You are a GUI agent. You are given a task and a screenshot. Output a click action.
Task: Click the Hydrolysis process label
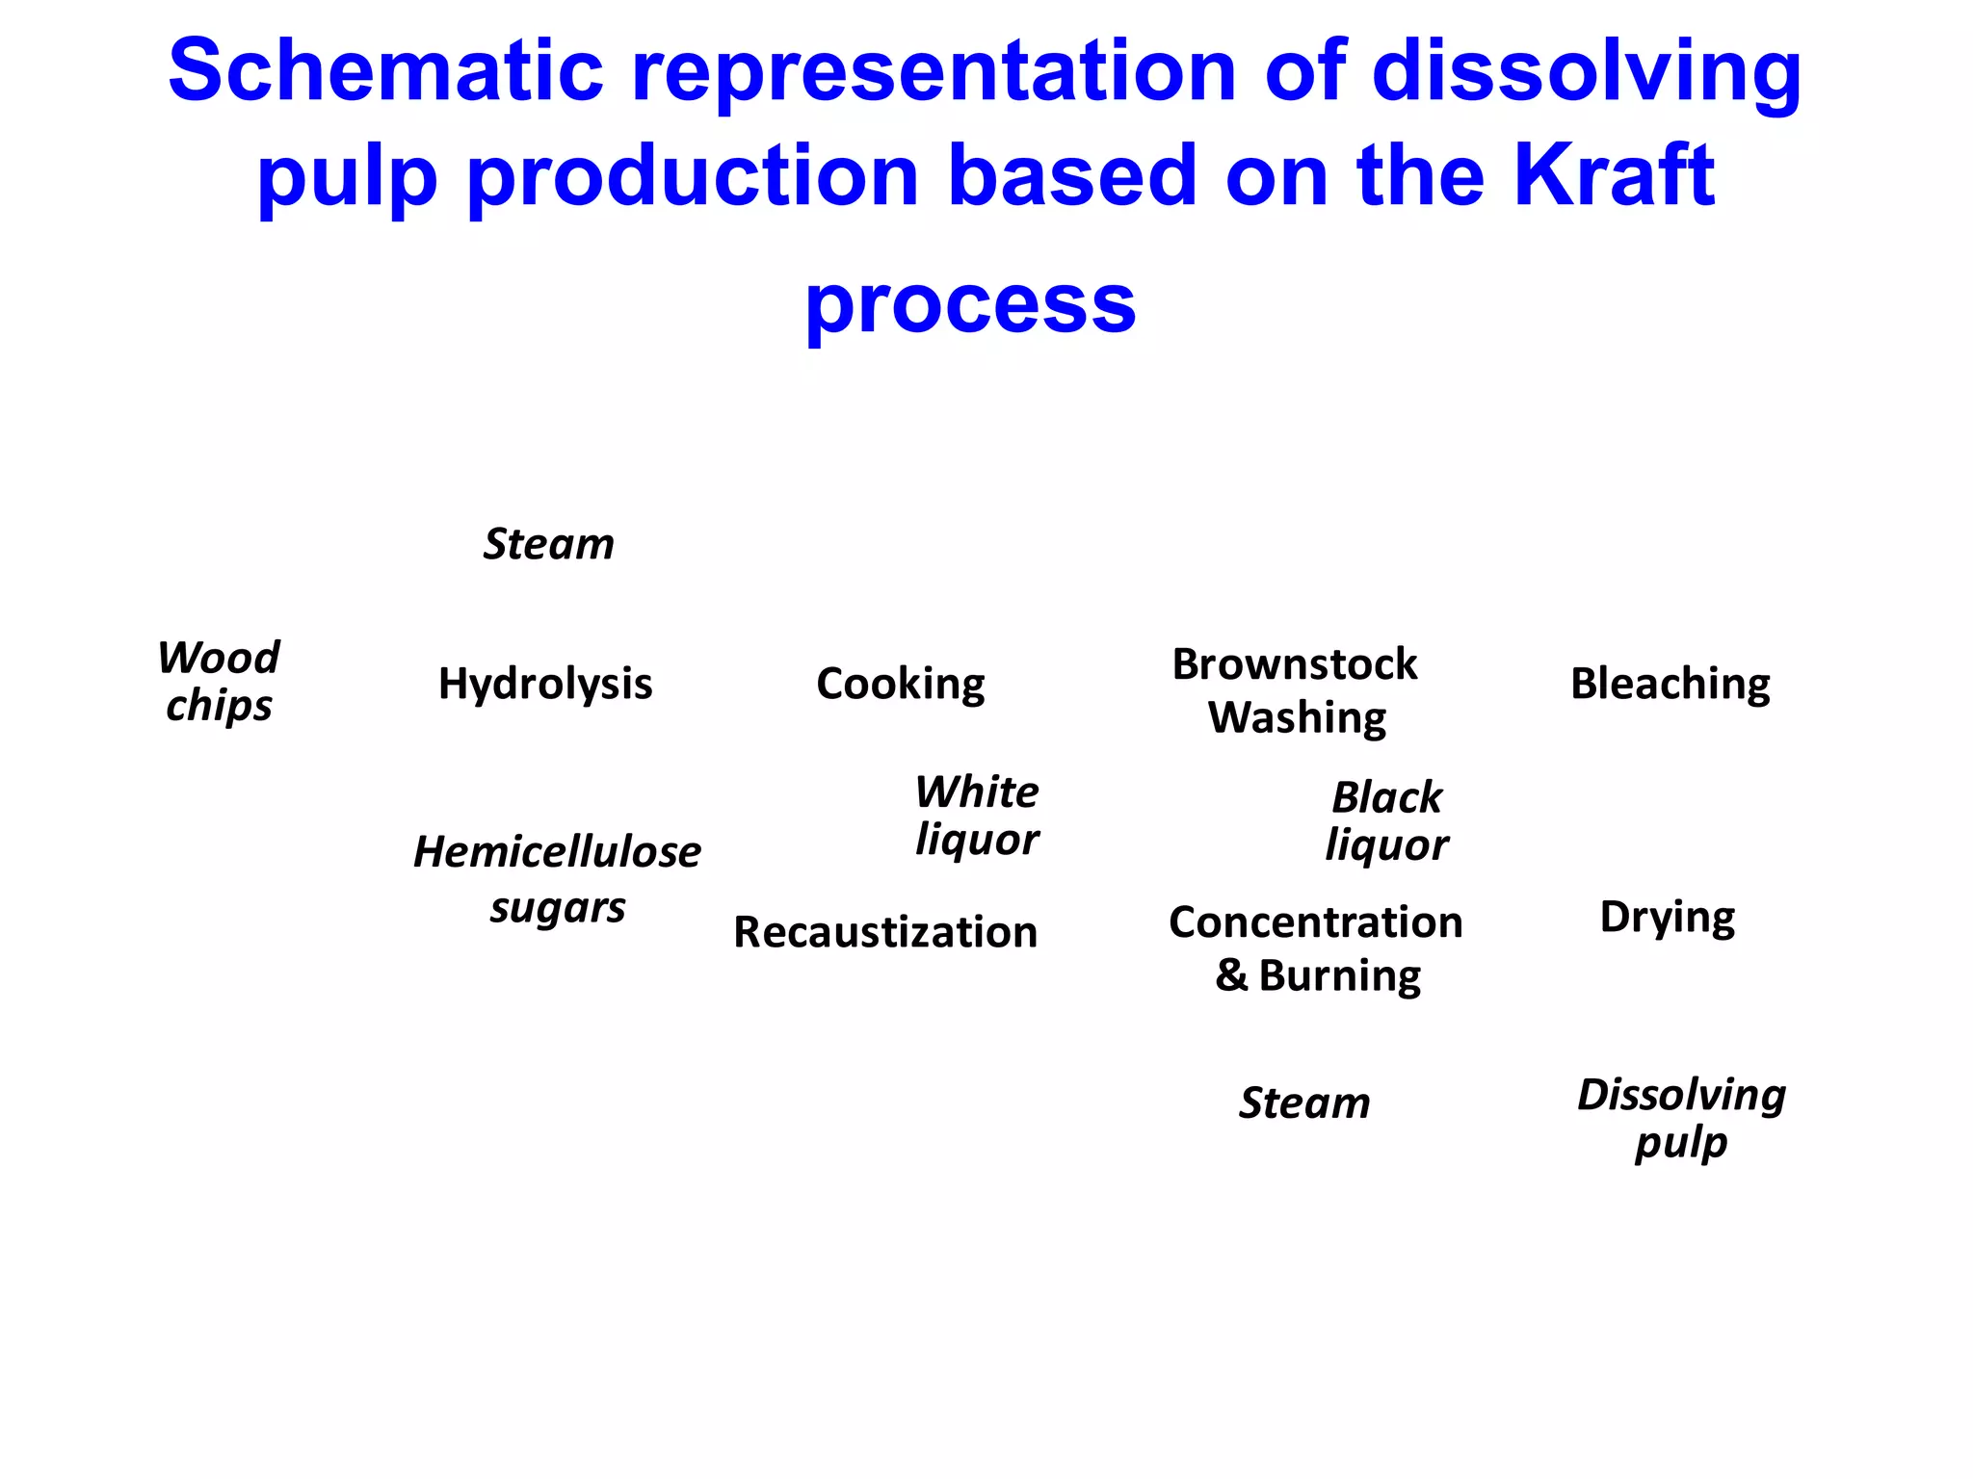coord(545,685)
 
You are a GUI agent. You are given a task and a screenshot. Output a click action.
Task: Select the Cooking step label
coord(900,685)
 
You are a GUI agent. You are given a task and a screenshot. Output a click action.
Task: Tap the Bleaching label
coord(1670,685)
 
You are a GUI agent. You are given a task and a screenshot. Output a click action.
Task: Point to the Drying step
coord(1667,918)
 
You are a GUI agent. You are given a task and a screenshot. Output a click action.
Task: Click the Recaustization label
coord(885,932)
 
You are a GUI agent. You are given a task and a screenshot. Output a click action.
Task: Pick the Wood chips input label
coord(219,682)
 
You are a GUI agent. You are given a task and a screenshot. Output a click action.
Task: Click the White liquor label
coord(977,816)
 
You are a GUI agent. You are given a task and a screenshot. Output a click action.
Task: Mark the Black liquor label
coord(1386,821)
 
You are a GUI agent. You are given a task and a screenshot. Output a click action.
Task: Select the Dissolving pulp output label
coord(1681,1118)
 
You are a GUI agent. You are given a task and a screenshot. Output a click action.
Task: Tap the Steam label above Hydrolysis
coord(548,544)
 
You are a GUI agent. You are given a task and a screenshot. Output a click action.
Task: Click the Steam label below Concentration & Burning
coord(1304,1103)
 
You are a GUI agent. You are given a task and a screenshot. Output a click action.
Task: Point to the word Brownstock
coord(1295,664)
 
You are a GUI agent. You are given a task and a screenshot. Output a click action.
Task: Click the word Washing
coord(1297,718)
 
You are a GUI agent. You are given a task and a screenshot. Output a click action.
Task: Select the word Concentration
coord(1316,922)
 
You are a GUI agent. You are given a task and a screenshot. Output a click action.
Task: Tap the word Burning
coord(1339,976)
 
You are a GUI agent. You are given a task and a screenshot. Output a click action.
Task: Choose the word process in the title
coord(970,304)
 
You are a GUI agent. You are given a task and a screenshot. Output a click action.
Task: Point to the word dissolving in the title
coord(1586,73)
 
